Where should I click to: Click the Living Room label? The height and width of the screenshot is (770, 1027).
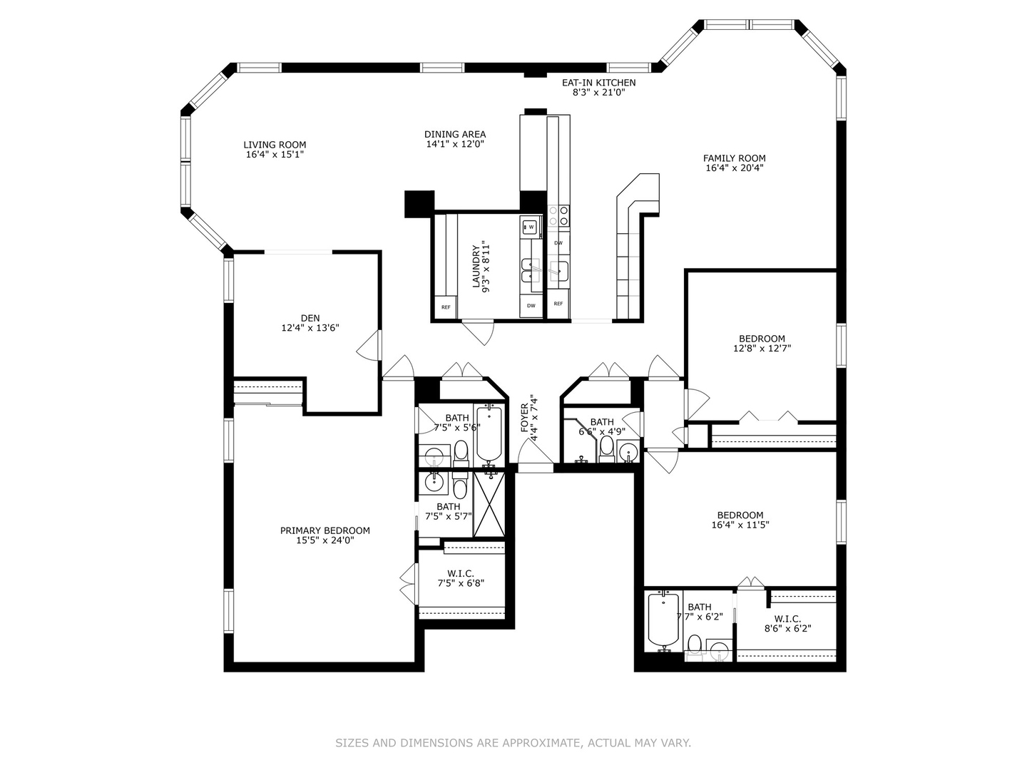(x=275, y=145)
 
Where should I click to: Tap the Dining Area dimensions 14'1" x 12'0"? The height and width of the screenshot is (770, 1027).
(x=455, y=144)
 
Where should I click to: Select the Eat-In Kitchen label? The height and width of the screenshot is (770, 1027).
(x=598, y=83)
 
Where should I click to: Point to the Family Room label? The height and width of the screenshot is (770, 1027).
(x=734, y=158)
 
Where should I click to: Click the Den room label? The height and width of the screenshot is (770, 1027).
(x=310, y=319)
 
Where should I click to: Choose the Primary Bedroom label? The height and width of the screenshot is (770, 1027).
(x=325, y=530)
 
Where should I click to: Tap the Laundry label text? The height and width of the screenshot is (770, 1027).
(x=476, y=266)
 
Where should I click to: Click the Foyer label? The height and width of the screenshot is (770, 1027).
(x=524, y=418)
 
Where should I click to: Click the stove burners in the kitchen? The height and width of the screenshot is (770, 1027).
(x=558, y=216)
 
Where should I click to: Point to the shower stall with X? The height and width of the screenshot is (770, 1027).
(x=489, y=504)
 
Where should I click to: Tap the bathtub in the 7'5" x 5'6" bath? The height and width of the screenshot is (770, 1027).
(x=489, y=435)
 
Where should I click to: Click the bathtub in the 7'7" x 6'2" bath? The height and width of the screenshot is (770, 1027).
(x=663, y=622)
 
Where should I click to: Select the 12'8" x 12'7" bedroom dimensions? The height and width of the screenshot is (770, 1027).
(x=762, y=349)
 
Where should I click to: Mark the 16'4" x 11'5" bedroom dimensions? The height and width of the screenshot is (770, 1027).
(x=740, y=525)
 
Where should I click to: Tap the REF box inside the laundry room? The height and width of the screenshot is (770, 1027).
(x=446, y=307)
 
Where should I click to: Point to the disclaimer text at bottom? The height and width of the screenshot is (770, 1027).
(x=513, y=743)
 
